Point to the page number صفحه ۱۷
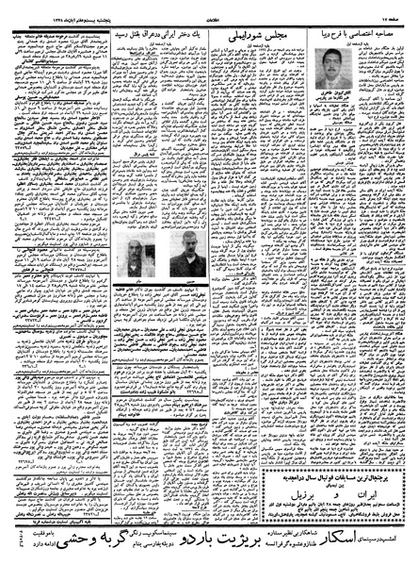(394, 9)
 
